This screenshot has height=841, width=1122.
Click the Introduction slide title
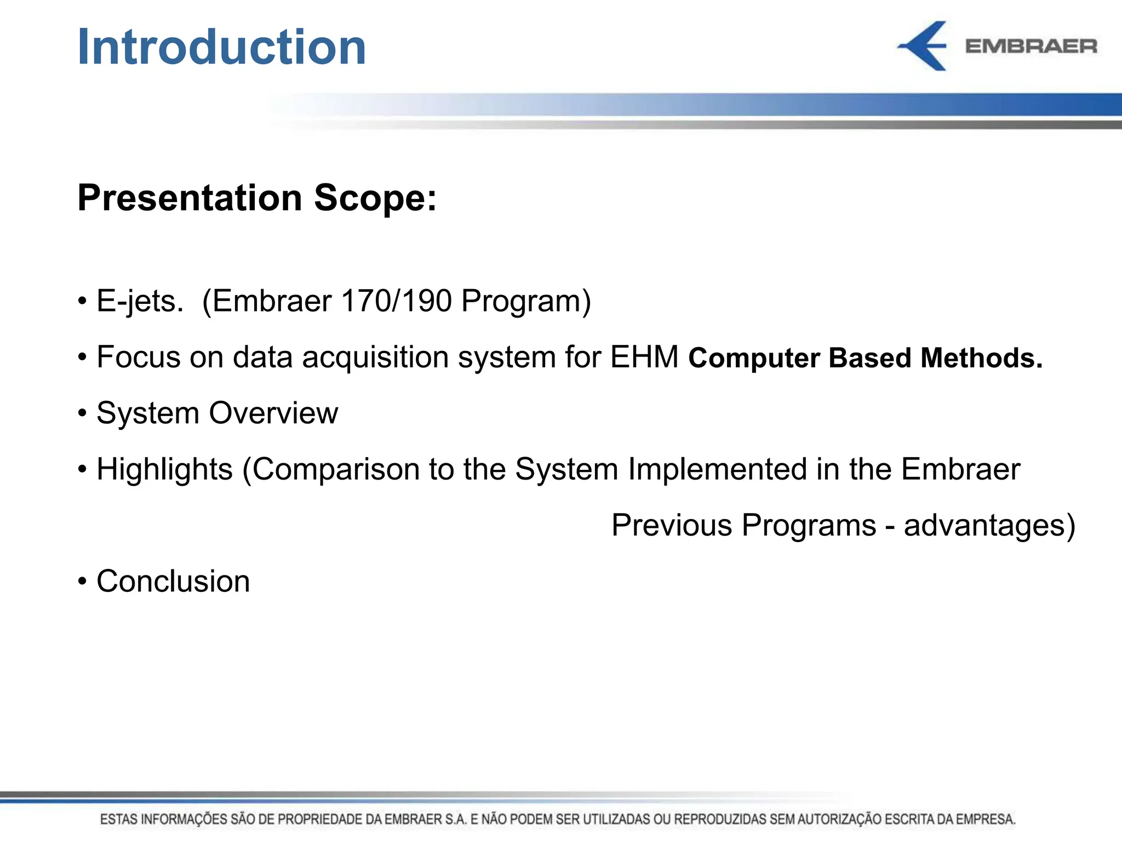221,47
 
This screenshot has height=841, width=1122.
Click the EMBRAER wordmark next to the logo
1031,47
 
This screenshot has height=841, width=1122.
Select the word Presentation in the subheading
190,198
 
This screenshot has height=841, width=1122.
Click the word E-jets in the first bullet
139,302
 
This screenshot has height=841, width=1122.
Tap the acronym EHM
644,357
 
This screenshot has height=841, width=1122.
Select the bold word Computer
754,359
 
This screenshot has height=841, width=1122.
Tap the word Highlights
164,470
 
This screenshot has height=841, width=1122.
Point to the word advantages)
989,526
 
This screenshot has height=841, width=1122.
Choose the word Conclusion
173,581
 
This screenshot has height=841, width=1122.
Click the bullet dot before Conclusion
82,581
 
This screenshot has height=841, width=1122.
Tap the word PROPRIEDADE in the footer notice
320,820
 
